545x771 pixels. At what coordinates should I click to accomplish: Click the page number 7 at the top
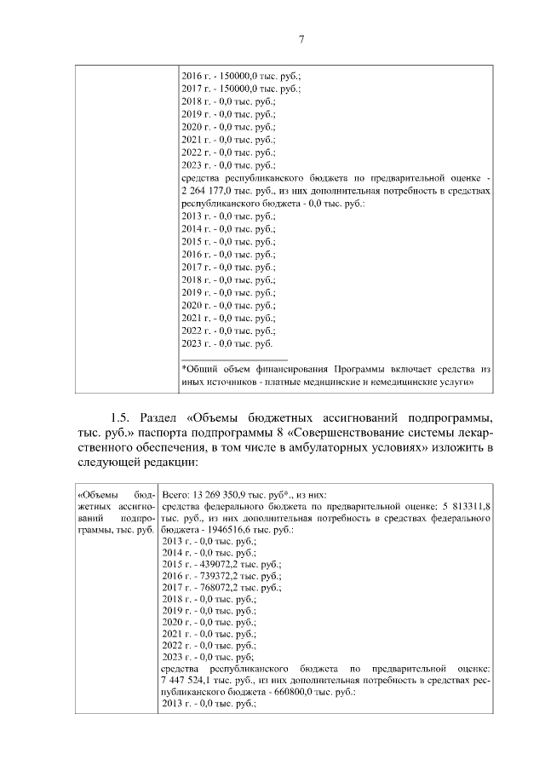point(301,38)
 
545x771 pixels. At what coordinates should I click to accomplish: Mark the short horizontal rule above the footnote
point(235,358)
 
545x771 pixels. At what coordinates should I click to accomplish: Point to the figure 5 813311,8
point(467,505)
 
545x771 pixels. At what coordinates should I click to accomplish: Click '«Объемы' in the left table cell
point(95,493)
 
